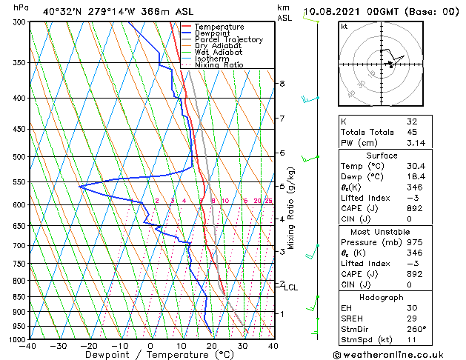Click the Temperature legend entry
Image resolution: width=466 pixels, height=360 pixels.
pos(219,27)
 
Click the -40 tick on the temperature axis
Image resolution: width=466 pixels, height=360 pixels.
pos(28,345)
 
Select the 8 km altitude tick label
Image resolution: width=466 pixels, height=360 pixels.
pos(282,84)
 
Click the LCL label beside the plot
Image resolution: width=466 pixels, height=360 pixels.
pos(291,287)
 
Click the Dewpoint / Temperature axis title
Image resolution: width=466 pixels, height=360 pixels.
pos(150,355)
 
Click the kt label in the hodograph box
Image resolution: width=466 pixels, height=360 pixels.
pos(344,26)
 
